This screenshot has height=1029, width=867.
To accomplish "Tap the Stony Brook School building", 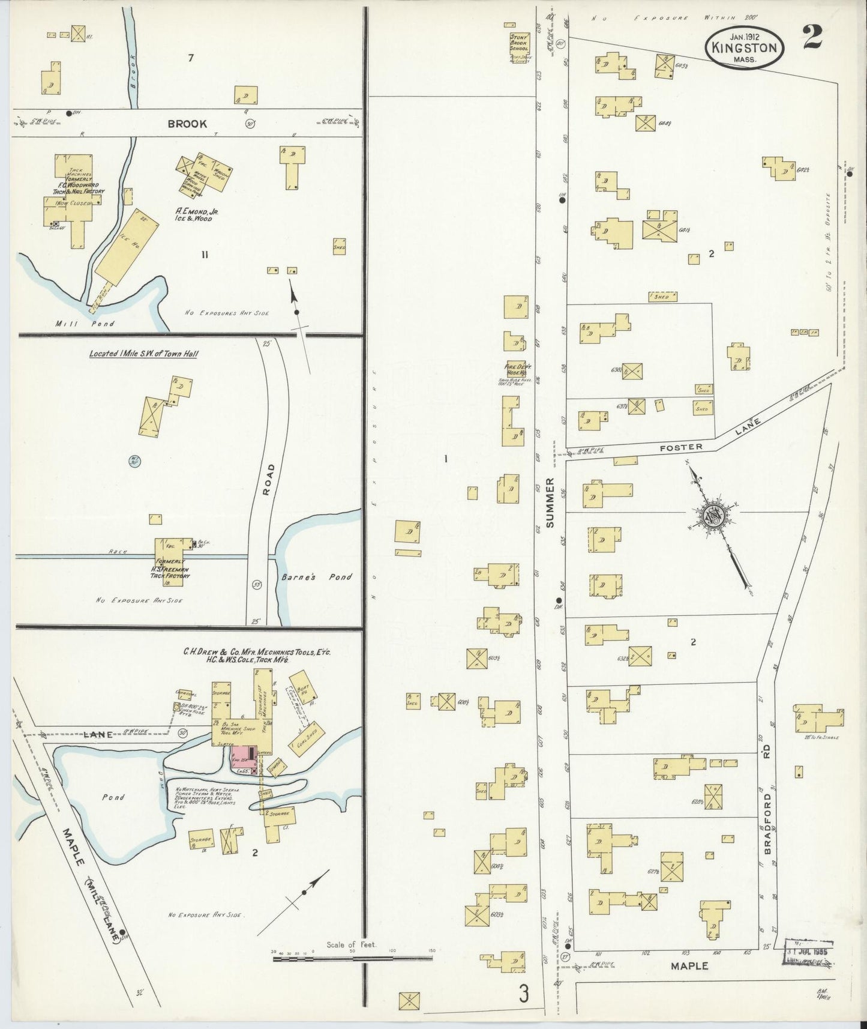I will tap(519, 48).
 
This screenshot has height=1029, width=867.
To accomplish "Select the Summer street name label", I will tap(551, 502).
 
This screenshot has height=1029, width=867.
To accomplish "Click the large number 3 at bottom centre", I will tap(524, 995).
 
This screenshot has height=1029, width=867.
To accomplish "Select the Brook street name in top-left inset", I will tap(187, 123).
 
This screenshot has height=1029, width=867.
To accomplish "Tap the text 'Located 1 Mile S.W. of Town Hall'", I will tap(144, 354).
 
